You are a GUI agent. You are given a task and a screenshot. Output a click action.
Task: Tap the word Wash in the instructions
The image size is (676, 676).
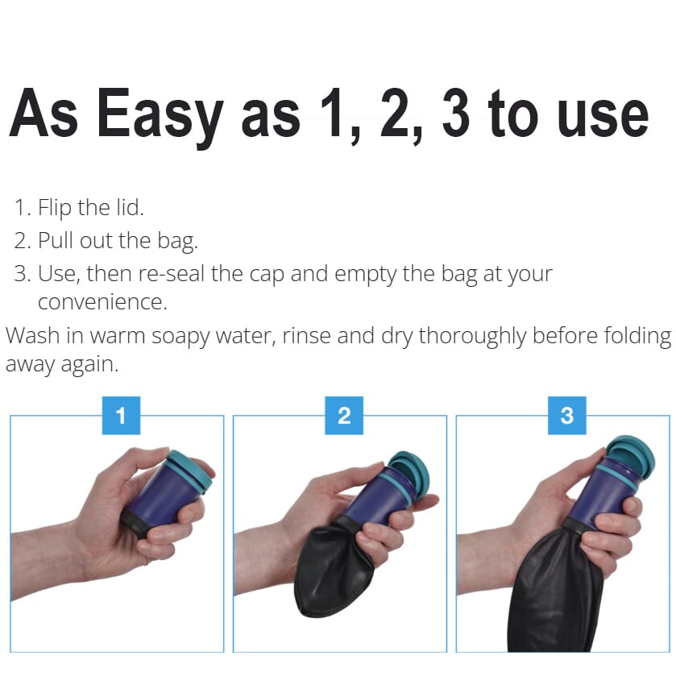pyautogui.click(x=31, y=335)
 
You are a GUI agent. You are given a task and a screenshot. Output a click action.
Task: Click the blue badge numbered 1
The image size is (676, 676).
pyautogui.click(x=121, y=416)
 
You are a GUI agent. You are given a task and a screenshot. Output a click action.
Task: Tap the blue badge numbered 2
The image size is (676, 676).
pyautogui.click(x=344, y=416)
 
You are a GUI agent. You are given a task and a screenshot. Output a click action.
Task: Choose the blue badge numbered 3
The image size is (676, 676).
pyautogui.click(x=567, y=416)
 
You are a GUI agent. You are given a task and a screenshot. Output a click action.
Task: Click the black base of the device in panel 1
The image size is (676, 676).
pyautogui.click(x=135, y=523)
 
